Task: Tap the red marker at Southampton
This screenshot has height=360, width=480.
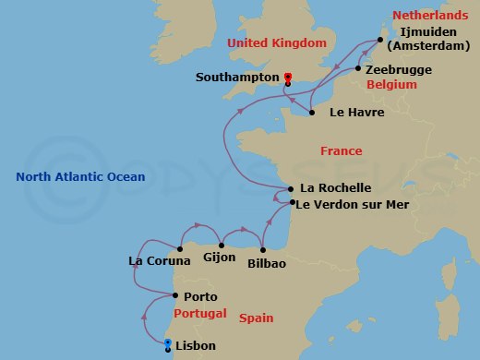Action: [288, 78]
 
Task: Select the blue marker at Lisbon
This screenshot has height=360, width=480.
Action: [167, 343]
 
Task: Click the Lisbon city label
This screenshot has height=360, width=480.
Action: [195, 346]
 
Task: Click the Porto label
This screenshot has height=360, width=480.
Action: [200, 296]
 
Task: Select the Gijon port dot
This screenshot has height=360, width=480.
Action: [222, 246]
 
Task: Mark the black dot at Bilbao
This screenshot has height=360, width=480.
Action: [264, 249]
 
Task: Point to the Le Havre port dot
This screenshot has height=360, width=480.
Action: [312, 113]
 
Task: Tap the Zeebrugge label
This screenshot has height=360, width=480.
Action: [399, 69]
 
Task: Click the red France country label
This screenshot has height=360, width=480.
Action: [341, 150]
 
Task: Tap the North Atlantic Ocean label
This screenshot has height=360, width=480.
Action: [80, 176]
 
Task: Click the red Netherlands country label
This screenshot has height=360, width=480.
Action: [425, 16]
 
